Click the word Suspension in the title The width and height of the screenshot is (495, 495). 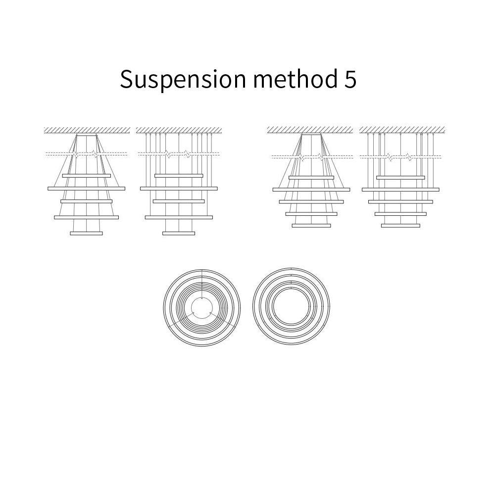(x=183, y=79)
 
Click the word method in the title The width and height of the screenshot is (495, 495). (x=295, y=78)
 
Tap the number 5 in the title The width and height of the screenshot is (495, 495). (x=350, y=79)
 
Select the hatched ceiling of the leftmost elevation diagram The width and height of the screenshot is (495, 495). (x=87, y=130)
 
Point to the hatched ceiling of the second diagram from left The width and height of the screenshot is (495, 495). (x=179, y=130)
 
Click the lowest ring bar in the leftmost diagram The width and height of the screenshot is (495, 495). (x=86, y=233)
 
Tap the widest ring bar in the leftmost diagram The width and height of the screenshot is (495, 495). (x=86, y=189)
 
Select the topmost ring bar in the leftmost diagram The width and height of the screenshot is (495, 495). (x=87, y=176)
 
